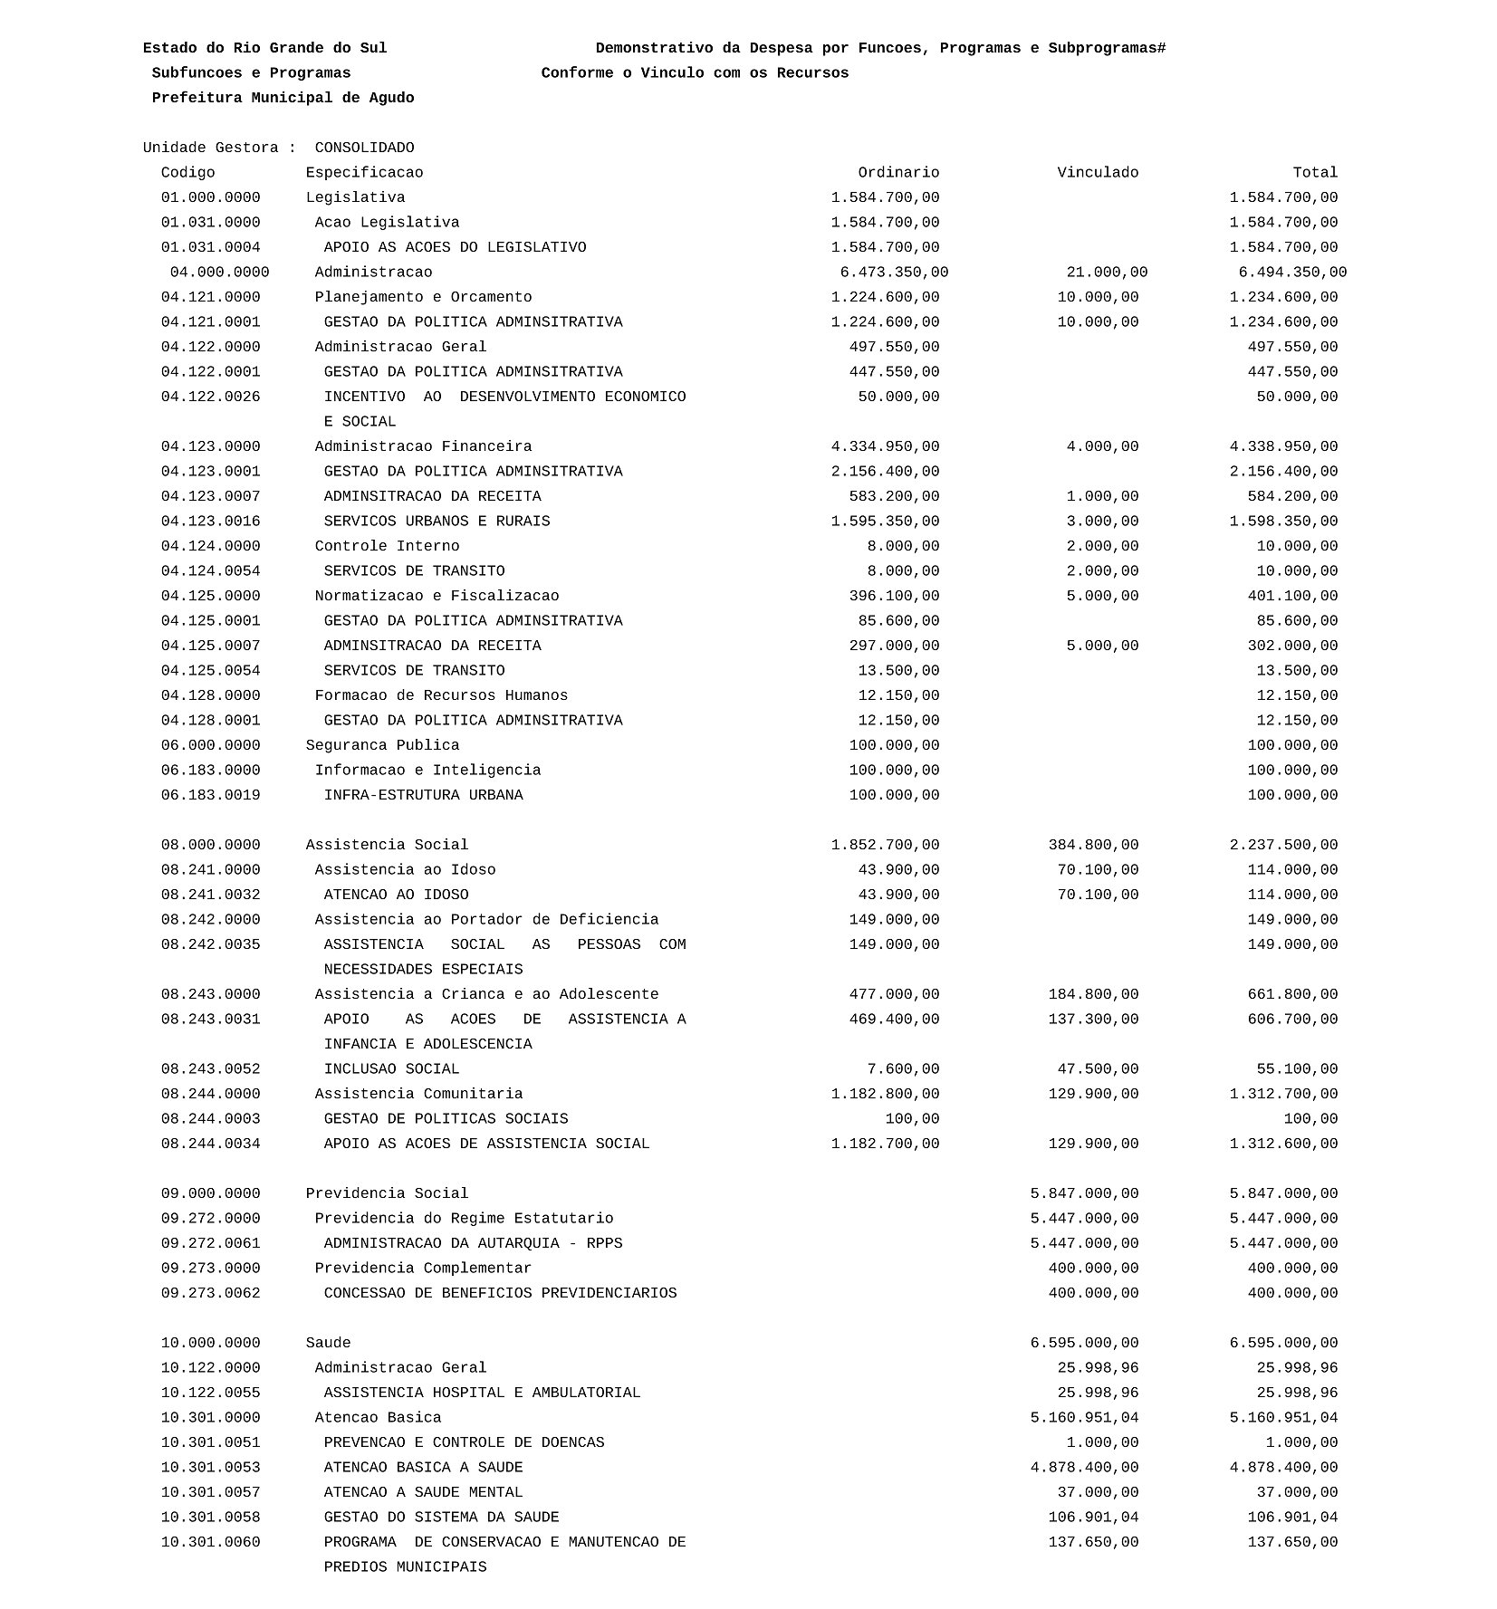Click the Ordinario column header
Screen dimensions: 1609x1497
point(898,173)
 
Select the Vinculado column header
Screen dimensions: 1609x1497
point(1098,173)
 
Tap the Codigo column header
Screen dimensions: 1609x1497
point(188,173)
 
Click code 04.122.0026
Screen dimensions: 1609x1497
point(211,397)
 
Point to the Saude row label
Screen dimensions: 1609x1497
point(328,1343)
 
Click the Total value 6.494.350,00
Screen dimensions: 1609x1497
point(1292,273)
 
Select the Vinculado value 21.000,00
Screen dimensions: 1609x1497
point(1107,273)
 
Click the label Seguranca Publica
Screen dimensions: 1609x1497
point(382,745)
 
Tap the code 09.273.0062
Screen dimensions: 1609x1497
point(211,1293)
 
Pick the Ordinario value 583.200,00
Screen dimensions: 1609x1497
point(898,496)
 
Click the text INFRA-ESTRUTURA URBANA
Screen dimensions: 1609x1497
point(423,795)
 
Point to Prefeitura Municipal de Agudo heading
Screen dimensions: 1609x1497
point(283,98)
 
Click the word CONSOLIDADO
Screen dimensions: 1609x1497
point(364,148)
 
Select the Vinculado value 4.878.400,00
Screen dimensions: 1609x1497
point(1084,1467)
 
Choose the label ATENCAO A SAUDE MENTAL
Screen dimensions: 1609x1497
point(423,1492)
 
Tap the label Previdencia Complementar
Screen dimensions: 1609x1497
point(423,1268)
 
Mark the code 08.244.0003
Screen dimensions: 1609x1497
point(211,1118)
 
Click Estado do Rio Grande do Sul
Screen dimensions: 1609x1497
point(264,48)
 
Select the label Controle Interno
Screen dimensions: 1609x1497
point(387,546)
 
